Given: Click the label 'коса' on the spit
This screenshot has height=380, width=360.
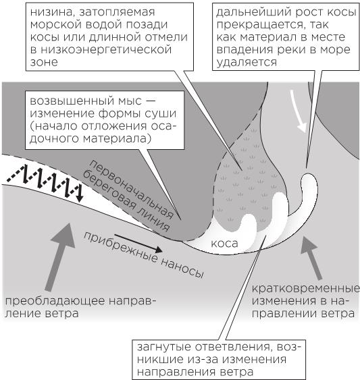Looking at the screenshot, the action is coord(224,244).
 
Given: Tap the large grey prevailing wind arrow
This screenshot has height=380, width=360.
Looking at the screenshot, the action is coord(61,257).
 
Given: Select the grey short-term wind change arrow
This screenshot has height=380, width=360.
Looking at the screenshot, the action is coord(312,258).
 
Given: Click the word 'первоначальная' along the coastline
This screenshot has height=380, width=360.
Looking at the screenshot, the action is coord(132,189).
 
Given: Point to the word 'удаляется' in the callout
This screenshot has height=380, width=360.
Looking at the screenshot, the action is coord(247,63).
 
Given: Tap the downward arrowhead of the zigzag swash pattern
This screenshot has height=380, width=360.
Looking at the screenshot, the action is coord(80,198).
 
